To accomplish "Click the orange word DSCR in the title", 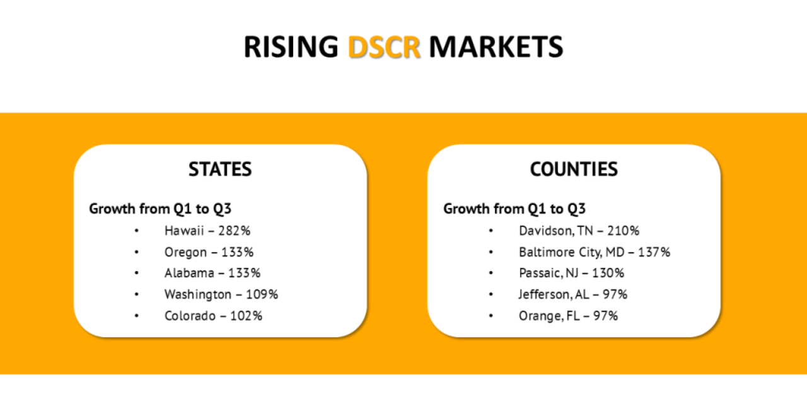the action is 384,47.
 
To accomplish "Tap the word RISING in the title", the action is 291,47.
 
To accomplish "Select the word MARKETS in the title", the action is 496,47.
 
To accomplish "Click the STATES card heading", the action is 220,169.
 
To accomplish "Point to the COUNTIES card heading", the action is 574,169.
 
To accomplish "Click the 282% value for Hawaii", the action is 234,231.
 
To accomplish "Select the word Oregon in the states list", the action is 185,252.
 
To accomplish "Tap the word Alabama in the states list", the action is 189,273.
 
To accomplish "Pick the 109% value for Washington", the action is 262,294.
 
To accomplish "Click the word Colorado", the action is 190,316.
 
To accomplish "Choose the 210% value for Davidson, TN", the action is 624,231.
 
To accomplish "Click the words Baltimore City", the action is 560,252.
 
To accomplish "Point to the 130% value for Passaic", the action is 608,273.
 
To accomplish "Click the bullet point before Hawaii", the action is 137,231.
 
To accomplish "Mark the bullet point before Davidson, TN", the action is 491,231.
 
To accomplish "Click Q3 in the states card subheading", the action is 222,209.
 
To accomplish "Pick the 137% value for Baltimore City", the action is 654,252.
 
